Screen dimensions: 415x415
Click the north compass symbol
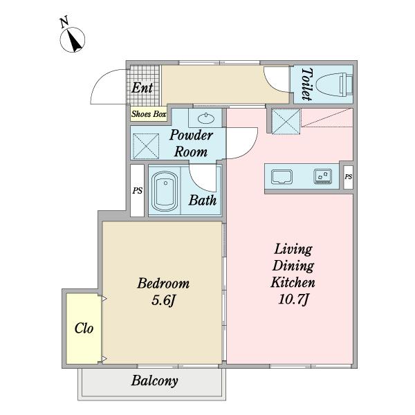point(72,40)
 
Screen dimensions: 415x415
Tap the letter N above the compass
point(64,22)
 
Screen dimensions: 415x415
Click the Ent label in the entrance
point(142,88)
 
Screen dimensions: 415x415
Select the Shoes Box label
point(149,114)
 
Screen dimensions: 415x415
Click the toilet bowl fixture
point(335,84)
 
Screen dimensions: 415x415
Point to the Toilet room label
point(307,84)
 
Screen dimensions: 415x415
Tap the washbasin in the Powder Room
point(206,118)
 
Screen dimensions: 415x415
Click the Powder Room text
point(191,143)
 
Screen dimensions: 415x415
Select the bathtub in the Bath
point(165,191)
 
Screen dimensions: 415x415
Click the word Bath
point(203,201)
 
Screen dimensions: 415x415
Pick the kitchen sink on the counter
point(282,176)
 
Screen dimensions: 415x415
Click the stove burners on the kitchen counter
point(323,176)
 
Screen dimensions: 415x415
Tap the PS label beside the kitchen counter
point(349,177)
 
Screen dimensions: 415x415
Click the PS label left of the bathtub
point(138,191)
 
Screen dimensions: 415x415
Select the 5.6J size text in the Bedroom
point(163,300)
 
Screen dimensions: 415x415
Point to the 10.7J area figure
point(293,299)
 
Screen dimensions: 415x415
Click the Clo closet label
point(84,329)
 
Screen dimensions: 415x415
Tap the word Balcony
point(154,381)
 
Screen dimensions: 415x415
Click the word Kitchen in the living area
point(293,282)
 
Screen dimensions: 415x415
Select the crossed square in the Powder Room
point(146,147)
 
